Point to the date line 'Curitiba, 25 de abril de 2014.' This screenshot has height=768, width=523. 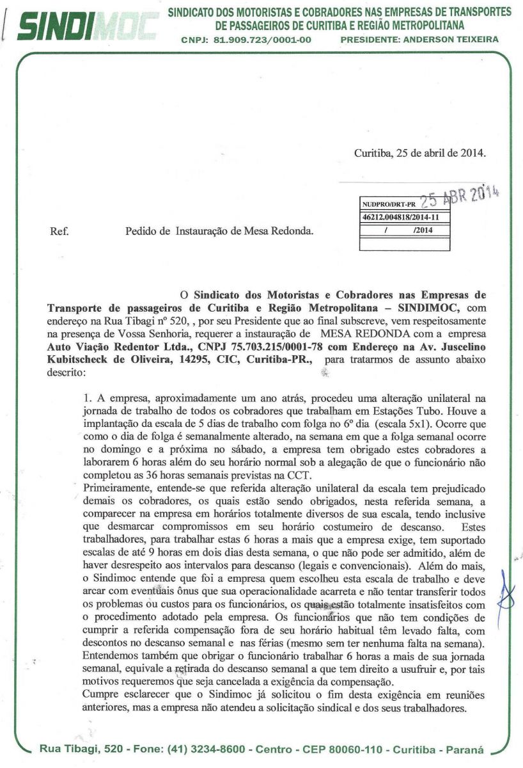click(x=419, y=154)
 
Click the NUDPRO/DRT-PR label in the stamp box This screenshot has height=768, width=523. click(x=384, y=205)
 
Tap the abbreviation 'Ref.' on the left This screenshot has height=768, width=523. click(x=59, y=230)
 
